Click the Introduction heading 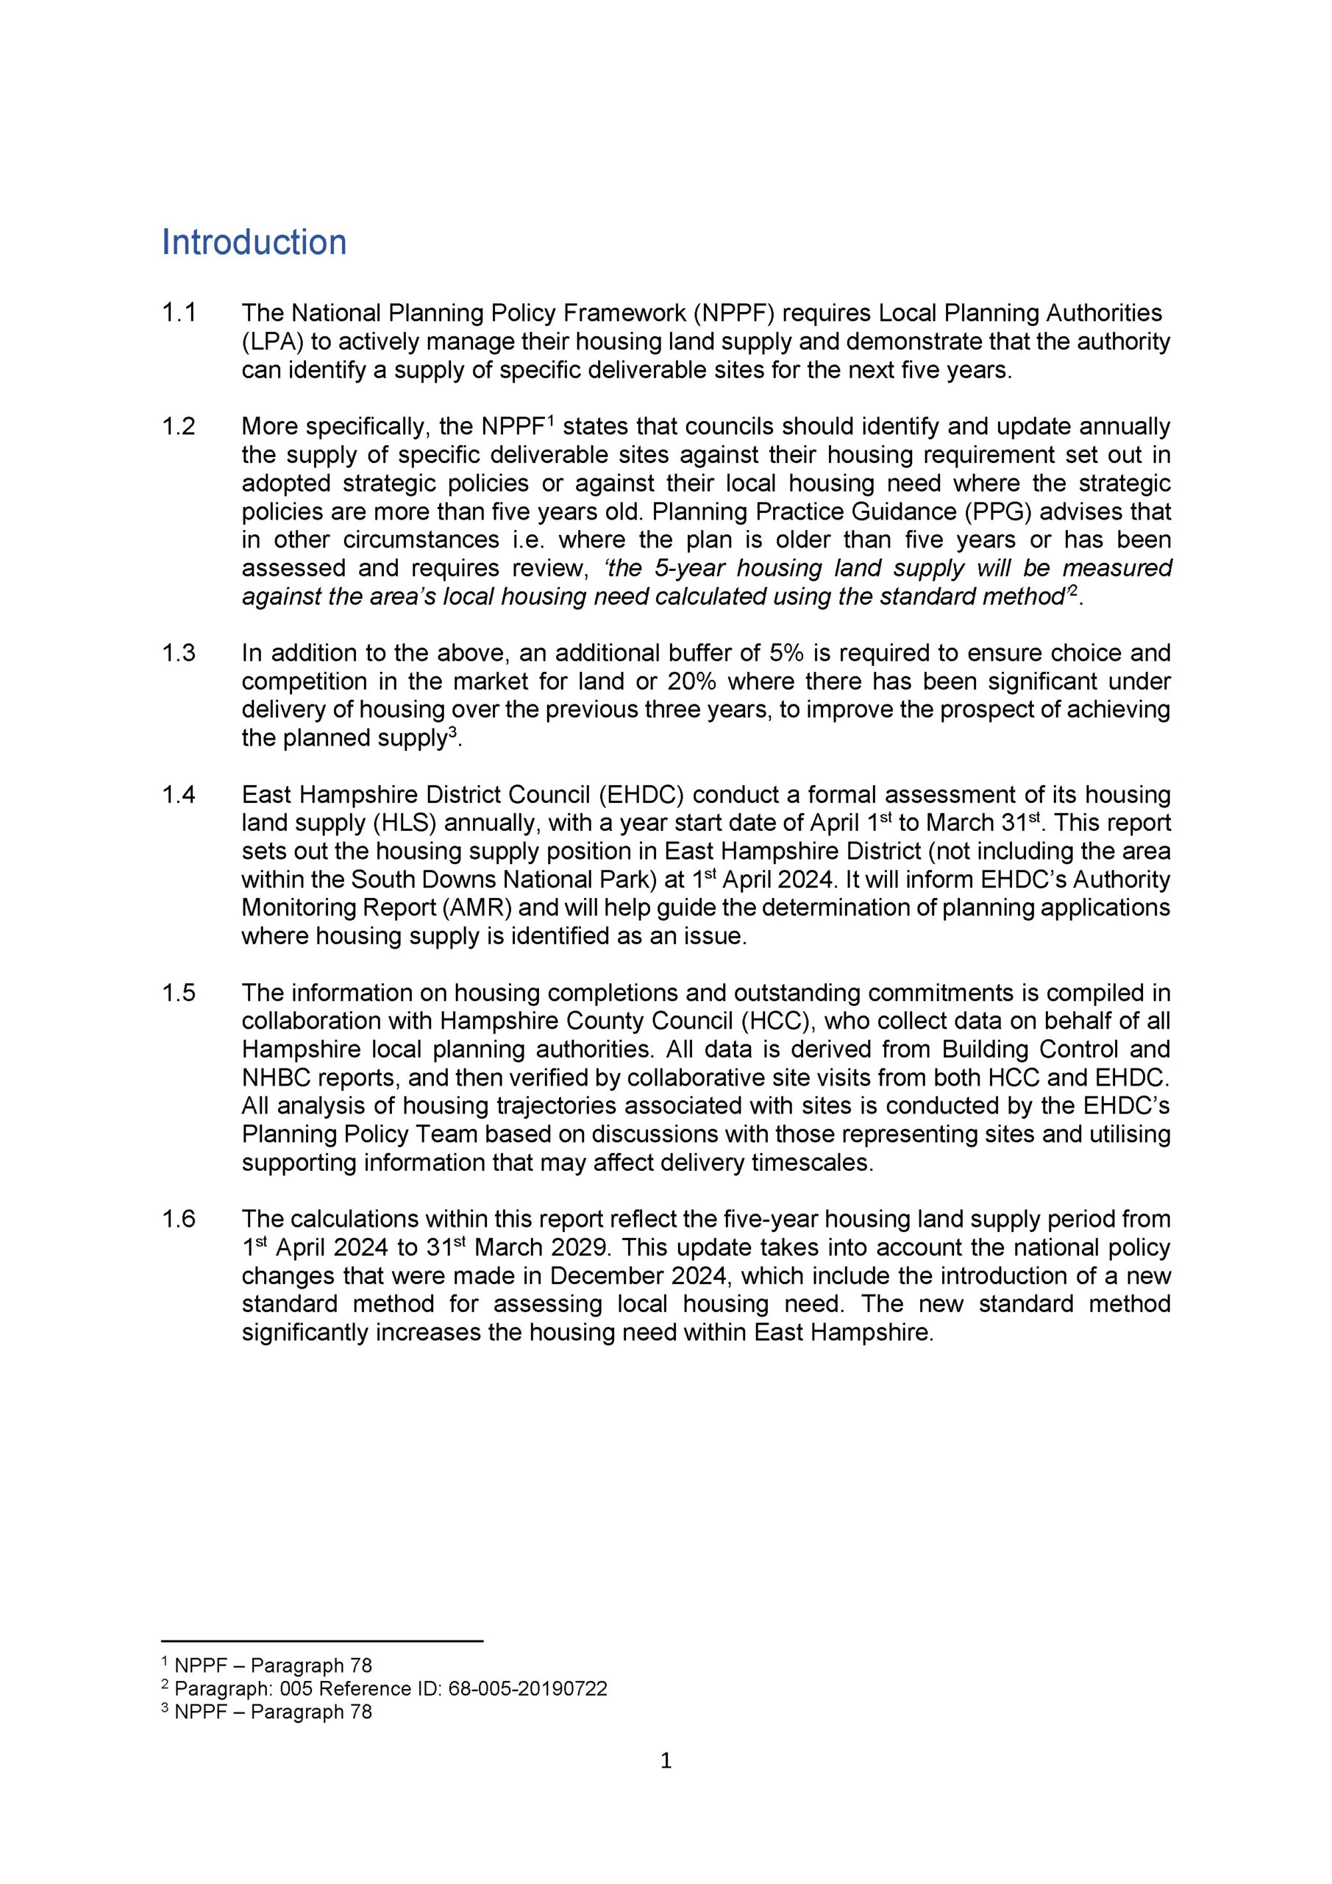(254, 242)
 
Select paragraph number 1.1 (178, 314)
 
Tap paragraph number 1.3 (178, 654)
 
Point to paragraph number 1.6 (178, 1219)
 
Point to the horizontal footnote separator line (322, 1641)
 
